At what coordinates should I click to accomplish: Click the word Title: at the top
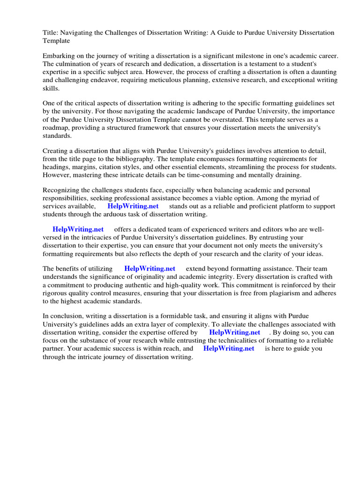click(50, 33)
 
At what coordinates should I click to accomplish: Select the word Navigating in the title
click(80, 33)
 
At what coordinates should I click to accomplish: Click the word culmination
click(76, 64)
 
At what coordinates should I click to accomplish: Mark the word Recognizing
click(62, 190)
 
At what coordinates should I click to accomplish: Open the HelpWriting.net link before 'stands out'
click(133, 206)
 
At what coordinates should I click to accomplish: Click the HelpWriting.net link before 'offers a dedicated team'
click(78, 229)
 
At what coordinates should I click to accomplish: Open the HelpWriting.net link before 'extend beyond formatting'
click(150, 269)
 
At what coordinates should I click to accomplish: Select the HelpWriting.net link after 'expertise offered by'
click(235, 332)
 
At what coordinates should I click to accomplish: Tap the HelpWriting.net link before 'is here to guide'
click(229, 348)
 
